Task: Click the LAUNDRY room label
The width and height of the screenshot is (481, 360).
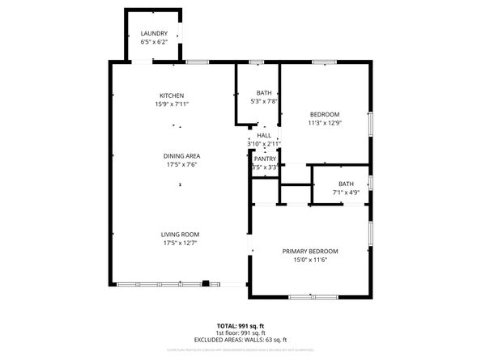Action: click(154, 33)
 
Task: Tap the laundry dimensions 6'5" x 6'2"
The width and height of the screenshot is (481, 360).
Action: click(154, 42)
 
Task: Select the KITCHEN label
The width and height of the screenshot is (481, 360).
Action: click(172, 95)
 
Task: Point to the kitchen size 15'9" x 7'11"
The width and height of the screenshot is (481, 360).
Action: click(172, 104)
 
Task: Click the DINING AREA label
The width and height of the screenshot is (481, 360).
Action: click(181, 156)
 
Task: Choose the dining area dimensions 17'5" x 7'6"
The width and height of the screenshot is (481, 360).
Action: click(181, 165)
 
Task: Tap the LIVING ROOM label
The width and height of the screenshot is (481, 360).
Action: click(181, 234)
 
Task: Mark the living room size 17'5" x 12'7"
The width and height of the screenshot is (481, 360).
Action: click(181, 243)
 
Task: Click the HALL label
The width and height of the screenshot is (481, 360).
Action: click(264, 135)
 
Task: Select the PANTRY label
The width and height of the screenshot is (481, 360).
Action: click(265, 159)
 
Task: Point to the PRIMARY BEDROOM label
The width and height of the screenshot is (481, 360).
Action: click(310, 252)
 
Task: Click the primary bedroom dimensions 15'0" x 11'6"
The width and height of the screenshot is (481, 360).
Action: click(310, 260)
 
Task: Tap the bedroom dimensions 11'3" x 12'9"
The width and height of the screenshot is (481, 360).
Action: click(324, 124)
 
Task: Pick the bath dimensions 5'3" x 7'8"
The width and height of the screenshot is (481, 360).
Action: click(265, 101)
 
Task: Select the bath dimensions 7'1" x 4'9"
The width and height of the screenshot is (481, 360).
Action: click(346, 193)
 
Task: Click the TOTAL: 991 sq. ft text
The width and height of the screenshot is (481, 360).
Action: click(240, 324)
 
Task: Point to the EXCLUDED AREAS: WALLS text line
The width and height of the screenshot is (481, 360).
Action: click(240, 340)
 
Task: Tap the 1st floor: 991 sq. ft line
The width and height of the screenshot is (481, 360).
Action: click(240, 332)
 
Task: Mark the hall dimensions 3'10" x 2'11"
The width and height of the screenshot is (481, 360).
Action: click(264, 143)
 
